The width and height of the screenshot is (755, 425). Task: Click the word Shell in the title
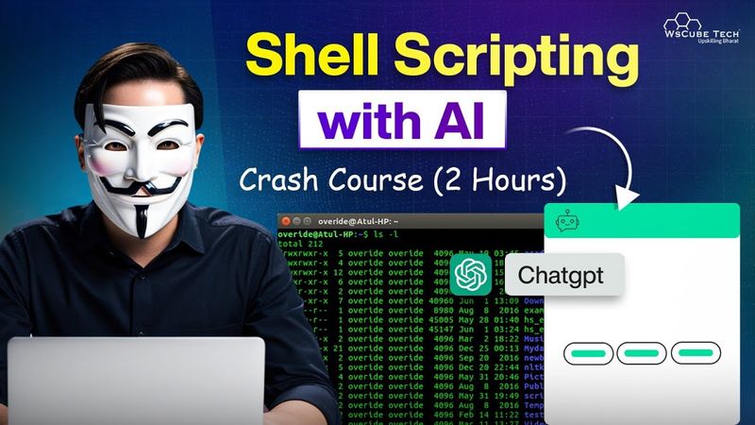coord(316,59)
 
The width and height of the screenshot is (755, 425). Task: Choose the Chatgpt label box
coord(564,277)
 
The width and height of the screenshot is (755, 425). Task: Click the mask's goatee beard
coord(141,221)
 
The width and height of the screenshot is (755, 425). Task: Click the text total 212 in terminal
coord(301,244)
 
